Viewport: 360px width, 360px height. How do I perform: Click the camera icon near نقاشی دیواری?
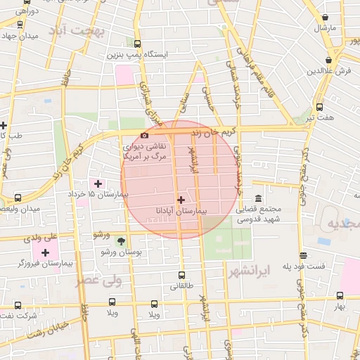pyautogui.click(x=144, y=135)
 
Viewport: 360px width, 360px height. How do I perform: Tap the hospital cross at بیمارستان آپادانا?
pyautogui.click(x=181, y=200)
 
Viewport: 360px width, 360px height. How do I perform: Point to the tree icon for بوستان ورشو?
pyautogui.click(x=120, y=240)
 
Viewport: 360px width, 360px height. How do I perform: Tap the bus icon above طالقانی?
pyautogui.click(x=182, y=276)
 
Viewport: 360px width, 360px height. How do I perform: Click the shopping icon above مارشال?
pyautogui.click(x=325, y=18)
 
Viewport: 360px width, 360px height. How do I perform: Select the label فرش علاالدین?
pyautogui.click(x=328, y=71)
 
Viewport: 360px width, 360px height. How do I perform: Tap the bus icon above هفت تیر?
pyautogui.click(x=320, y=107)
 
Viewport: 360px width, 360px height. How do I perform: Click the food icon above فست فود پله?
pyautogui.click(x=303, y=256)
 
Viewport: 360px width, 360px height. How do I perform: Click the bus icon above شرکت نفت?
pyautogui.click(x=18, y=304)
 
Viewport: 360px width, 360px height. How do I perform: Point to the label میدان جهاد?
pyautogui.click(x=19, y=35)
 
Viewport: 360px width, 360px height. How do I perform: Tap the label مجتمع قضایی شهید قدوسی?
pyautogui.click(x=257, y=214)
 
